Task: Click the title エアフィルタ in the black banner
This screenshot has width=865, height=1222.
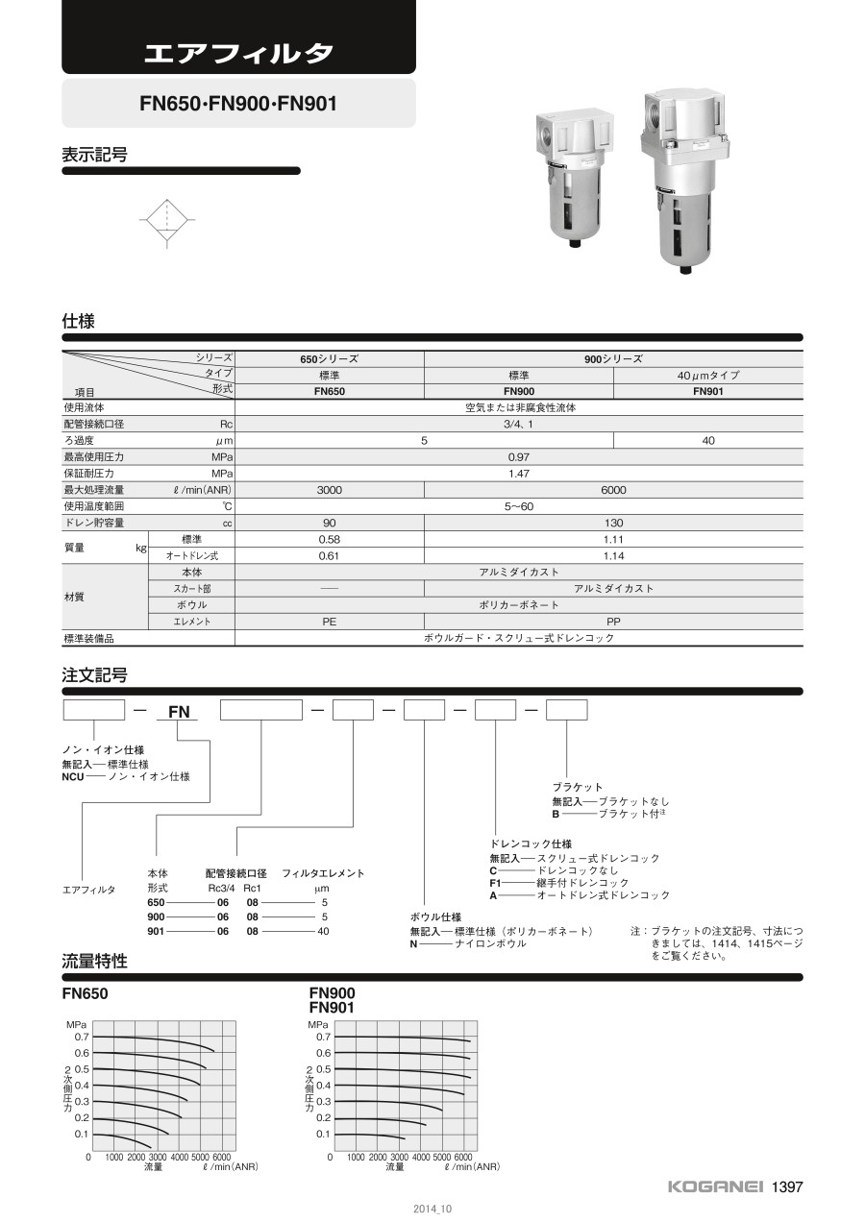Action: pos(238,52)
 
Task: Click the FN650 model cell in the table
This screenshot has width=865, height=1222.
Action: pos(329,391)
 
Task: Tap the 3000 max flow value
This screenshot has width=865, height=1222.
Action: pos(329,490)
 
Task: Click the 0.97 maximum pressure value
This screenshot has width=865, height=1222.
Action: pos(518,457)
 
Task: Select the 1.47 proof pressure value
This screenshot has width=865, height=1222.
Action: pos(518,474)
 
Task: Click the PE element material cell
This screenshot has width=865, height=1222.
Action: pos(329,622)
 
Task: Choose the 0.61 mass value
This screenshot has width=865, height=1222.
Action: pos(329,556)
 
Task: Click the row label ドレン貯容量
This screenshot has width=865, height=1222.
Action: pos(93,523)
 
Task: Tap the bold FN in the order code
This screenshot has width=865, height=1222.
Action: pos(180,712)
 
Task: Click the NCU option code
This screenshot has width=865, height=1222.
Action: pos(75,776)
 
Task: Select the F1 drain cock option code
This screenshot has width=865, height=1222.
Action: pos(496,883)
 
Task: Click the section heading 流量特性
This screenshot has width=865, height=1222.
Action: pos(94,961)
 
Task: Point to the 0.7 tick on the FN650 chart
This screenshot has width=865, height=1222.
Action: pos(82,1037)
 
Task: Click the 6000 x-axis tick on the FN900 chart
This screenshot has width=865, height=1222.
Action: pos(462,1158)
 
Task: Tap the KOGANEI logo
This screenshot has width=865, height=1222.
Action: pos(716,1187)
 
